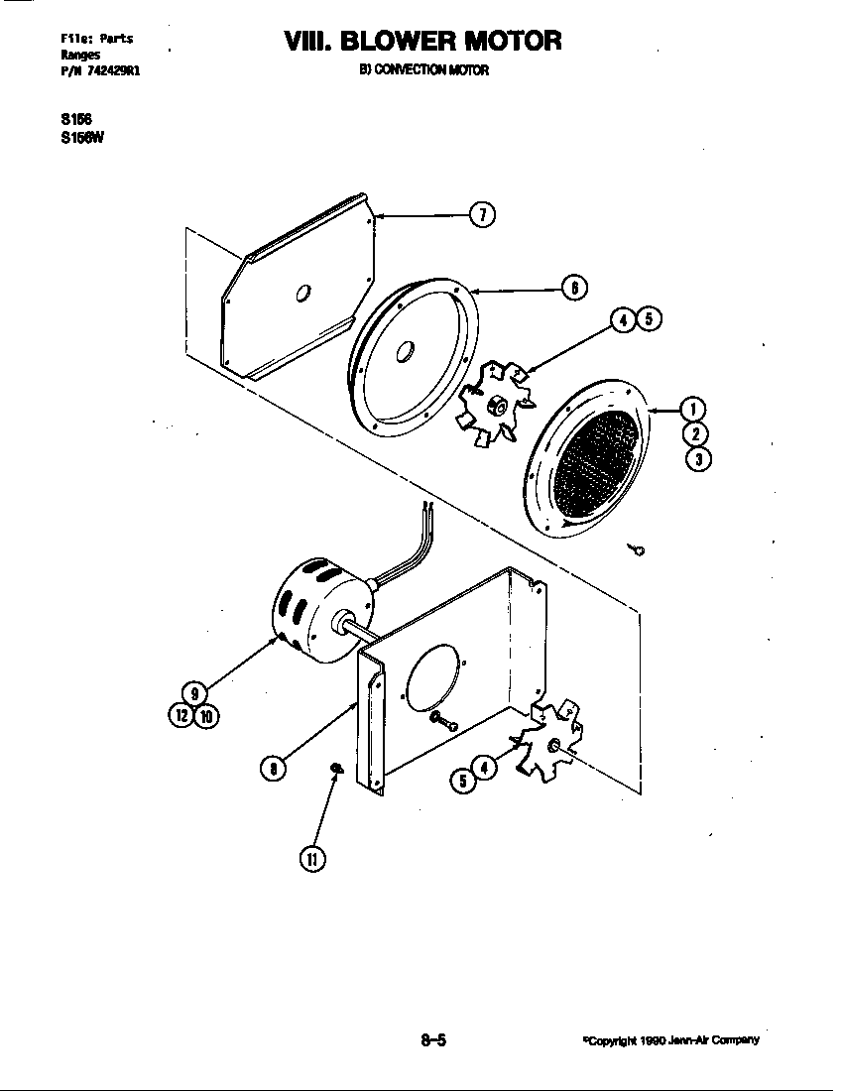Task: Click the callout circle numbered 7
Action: tap(482, 214)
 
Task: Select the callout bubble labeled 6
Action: tap(573, 288)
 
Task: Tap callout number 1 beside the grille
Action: tap(692, 409)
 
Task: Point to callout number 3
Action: tap(697, 458)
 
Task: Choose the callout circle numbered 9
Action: tap(194, 693)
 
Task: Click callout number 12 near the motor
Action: tap(182, 716)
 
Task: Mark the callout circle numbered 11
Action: tap(311, 859)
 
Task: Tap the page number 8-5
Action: tap(433, 1040)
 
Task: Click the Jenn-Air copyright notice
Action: tap(671, 1040)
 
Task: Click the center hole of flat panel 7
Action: tap(303, 293)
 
